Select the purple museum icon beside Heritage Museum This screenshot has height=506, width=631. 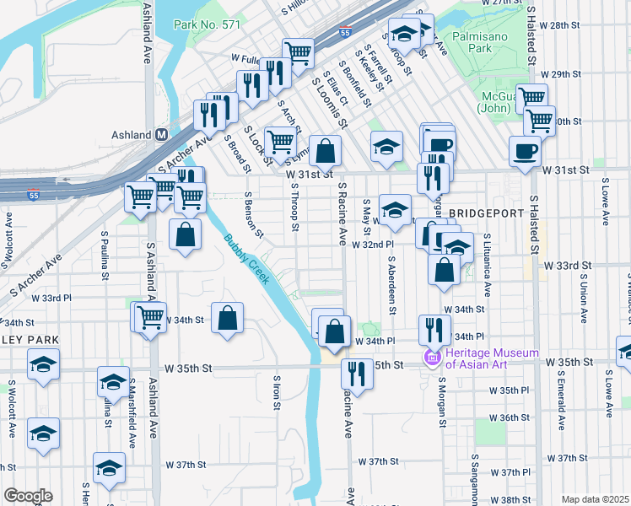point(434,358)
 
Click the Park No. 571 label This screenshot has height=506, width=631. point(207,25)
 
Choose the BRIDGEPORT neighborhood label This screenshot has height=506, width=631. point(487,213)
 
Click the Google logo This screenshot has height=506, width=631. point(28,496)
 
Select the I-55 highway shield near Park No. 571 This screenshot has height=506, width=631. point(344,33)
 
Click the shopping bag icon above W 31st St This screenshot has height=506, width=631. point(326,151)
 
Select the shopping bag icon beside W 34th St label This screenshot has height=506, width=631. point(227,319)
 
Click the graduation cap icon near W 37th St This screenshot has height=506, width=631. point(109,467)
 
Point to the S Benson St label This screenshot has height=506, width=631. point(248,214)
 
